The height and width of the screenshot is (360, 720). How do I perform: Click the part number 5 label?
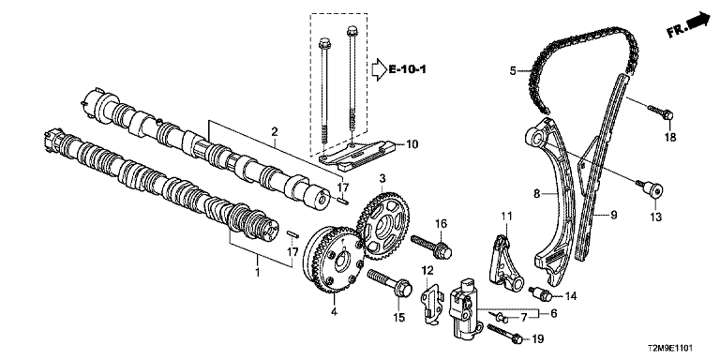(x=513, y=70)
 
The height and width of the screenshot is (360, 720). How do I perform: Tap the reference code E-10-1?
(x=407, y=69)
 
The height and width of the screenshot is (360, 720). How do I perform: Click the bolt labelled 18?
(x=660, y=112)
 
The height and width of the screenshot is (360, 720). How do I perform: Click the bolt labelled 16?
(x=432, y=246)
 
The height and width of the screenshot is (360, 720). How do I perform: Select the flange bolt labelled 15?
(x=389, y=283)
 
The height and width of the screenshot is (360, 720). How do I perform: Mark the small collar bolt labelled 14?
(x=540, y=293)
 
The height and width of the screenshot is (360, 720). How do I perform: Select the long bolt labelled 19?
(x=505, y=334)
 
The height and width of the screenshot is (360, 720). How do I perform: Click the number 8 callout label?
(x=536, y=194)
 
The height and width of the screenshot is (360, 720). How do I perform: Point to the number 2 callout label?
(x=274, y=132)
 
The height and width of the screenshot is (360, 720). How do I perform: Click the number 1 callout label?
(x=258, y=272)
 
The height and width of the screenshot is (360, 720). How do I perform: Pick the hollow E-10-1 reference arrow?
(x=379, y=69)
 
